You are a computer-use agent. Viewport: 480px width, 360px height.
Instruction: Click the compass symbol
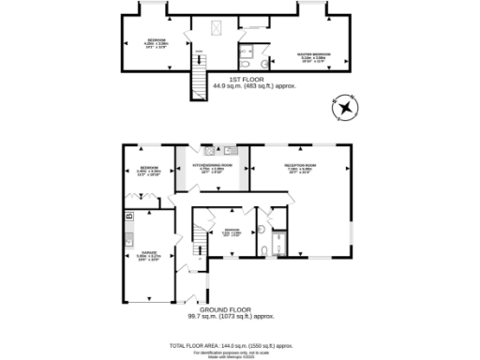[x=347, y=108]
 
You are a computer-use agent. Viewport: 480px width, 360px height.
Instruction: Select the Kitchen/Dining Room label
[x=213, y=166]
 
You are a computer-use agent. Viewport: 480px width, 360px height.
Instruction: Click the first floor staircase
[x=199, y=75]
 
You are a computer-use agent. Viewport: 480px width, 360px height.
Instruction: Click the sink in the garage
[x=128, y=238]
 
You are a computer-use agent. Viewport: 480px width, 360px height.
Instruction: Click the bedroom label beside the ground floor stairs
[x=231, y=232]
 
